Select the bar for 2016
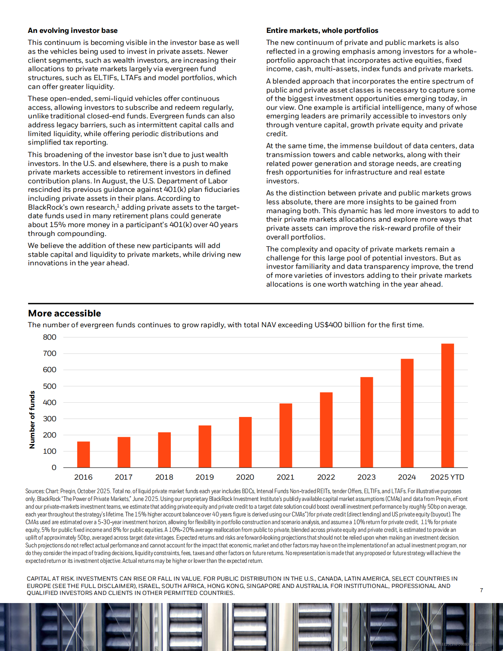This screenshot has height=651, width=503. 83,455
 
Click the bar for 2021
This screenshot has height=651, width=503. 285,436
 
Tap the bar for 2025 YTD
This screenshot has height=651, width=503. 447,405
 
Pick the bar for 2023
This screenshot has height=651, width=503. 367,422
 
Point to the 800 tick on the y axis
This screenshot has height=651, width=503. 49,337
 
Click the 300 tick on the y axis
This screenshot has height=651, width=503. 49,419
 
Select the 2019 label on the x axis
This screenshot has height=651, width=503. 205,477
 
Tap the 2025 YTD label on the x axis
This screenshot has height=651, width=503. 447,477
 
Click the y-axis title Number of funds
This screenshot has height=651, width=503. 32,420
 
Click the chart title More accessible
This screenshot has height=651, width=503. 65,313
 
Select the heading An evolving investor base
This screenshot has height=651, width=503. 73,31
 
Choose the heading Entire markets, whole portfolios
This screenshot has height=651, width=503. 322,31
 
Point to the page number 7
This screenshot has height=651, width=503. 481,590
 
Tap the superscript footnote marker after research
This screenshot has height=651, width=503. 118,206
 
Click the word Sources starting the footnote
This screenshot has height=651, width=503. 34,491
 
